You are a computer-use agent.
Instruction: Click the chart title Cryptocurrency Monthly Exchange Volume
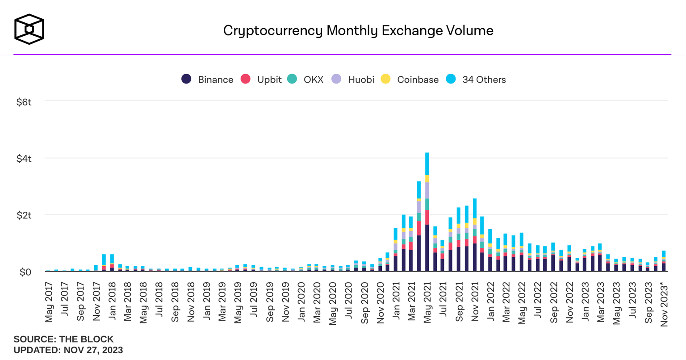pos(358,30)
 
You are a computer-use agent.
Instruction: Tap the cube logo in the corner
pos(29,29)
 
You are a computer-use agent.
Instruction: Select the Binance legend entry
pos(208,80)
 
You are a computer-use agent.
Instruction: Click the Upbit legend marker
pos(246,80)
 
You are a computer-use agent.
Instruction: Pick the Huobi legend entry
pos(353,80)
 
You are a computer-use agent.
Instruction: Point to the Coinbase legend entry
pos(410,80)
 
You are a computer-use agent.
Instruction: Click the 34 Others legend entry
pos(476,80)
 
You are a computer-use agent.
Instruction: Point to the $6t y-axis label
pos(24,102)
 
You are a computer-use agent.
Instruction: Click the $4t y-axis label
pos(24,159)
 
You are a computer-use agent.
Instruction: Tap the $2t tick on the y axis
pos(24,215)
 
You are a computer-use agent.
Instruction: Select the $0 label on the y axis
pos(25,272)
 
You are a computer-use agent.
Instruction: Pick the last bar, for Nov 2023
pos(664,261)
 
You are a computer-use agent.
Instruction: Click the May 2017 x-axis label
pos(49,302)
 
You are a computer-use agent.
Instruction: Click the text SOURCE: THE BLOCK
pos(63,339)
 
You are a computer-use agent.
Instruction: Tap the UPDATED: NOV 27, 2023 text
pos(68,350)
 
